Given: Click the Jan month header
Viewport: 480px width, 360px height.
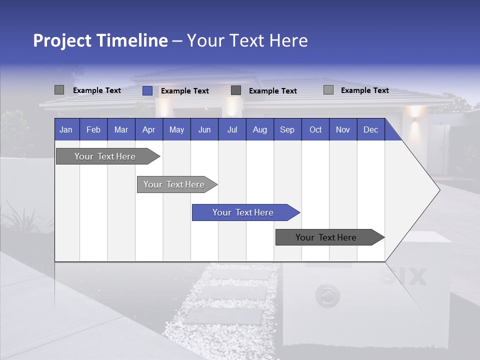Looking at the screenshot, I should (x=66, y=129).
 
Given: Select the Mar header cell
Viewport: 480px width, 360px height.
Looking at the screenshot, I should (x=121, y=129).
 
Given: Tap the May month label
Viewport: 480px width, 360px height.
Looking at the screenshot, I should (x=176, y=129).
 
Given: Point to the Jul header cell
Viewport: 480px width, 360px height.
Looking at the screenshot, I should (x=232, y=129).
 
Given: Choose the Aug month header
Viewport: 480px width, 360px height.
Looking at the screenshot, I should (x=259, y=129).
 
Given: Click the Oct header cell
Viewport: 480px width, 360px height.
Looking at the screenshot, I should (x=315, y=129).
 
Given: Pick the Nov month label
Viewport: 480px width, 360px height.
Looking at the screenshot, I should (x=343, y=129).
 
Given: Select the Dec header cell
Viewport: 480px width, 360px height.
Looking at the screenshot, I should (x=370, y=129).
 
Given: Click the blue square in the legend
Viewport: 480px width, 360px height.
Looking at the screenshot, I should (x=147, y=90).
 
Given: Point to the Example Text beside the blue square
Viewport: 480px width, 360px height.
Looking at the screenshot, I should (x=184, y=91).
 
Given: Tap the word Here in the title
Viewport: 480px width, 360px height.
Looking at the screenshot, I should (x=288, y=40).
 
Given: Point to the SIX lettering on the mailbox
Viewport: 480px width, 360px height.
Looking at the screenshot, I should (x=403, y=276).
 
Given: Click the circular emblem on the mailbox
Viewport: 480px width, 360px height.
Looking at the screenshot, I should (x=327, y=296).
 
